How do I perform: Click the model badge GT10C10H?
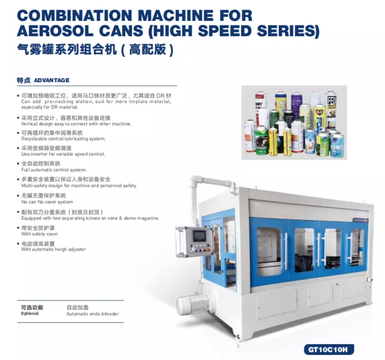pyautogui.click(x=329, y=350)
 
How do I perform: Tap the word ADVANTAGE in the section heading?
pyautogui.click(x=52, y=80)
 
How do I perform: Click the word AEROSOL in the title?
pyautogui.click(x=55, y=31)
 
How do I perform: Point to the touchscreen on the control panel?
pyautogui.click(x=199, y=236)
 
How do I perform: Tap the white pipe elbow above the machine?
pyautogui.click(x=196, y=181)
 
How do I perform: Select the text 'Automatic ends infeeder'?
pyautogui.click(x=92, y=314)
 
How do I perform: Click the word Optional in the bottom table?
pyautogui.click(x=30, y=314)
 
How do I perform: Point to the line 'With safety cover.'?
pyautogui.click(x=40, y=234)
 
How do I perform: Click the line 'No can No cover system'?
pyautogui.click(x=47, y=202)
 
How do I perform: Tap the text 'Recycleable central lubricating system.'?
pyautogui.click(x=64, y=139)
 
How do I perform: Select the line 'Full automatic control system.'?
pyautogui.click(x=54, y=170)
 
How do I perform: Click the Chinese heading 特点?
pyautogui.click(x=24, y=80)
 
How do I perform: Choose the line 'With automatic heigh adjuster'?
pyautogui.click(x=53, y=249)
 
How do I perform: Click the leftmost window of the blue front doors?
pyautogui.click(x=269, y=251)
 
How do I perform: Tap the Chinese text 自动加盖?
pyautogui.click(x=78, y=307)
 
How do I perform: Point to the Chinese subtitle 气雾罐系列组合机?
pyautogui.click(x=67, y=50)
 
